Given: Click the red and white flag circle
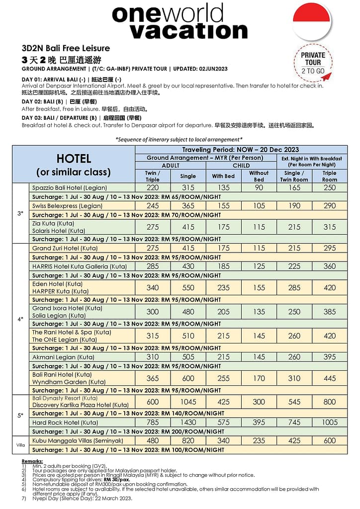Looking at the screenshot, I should (312, 21).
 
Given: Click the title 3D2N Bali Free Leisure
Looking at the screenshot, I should (66, 49).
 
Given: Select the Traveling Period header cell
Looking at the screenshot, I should (241, 150).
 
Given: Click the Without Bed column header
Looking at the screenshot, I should (259, 176).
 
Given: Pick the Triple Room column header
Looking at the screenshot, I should (329, 176).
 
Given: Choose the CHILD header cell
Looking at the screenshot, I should (241, 166).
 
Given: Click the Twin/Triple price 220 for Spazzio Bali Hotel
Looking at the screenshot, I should (153, 188).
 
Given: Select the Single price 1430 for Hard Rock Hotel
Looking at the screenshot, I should (188, 423).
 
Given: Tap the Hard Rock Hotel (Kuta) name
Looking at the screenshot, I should (65, 423).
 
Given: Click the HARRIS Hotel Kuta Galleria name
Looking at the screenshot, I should (72, 266).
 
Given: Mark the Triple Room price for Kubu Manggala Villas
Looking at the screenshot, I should (330, 440).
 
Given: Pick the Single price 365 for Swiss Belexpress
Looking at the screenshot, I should (188, 206).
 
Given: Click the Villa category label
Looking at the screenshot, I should (20, 445).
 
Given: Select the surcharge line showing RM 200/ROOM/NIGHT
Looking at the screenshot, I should (128, 431).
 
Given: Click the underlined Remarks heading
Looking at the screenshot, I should (32, 462).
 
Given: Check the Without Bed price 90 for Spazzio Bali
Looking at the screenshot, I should (259, 188).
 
